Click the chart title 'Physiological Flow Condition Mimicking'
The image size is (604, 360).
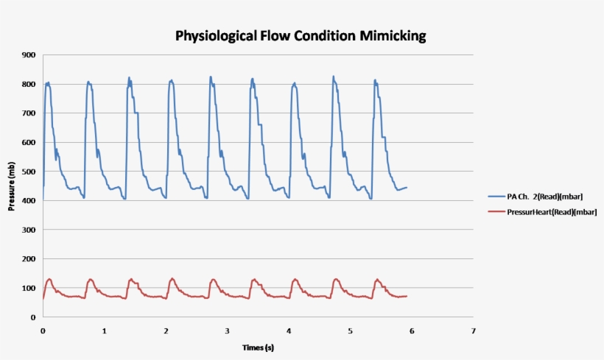point(301,35)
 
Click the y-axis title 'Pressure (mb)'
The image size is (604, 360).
point(12,186)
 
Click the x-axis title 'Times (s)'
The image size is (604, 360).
point(259,347)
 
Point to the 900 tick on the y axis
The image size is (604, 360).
point(29,55)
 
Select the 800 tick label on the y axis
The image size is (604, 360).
point(29,84)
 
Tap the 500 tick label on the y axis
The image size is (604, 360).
point(29,172)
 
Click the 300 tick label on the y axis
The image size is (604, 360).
point(29,230)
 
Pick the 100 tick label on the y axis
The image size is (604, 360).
point(29,288)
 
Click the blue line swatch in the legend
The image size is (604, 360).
point(496,197)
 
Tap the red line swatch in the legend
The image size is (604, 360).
point(496,211)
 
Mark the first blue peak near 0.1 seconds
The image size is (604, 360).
point(48,83)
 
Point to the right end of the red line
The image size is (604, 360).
point(407,296)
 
